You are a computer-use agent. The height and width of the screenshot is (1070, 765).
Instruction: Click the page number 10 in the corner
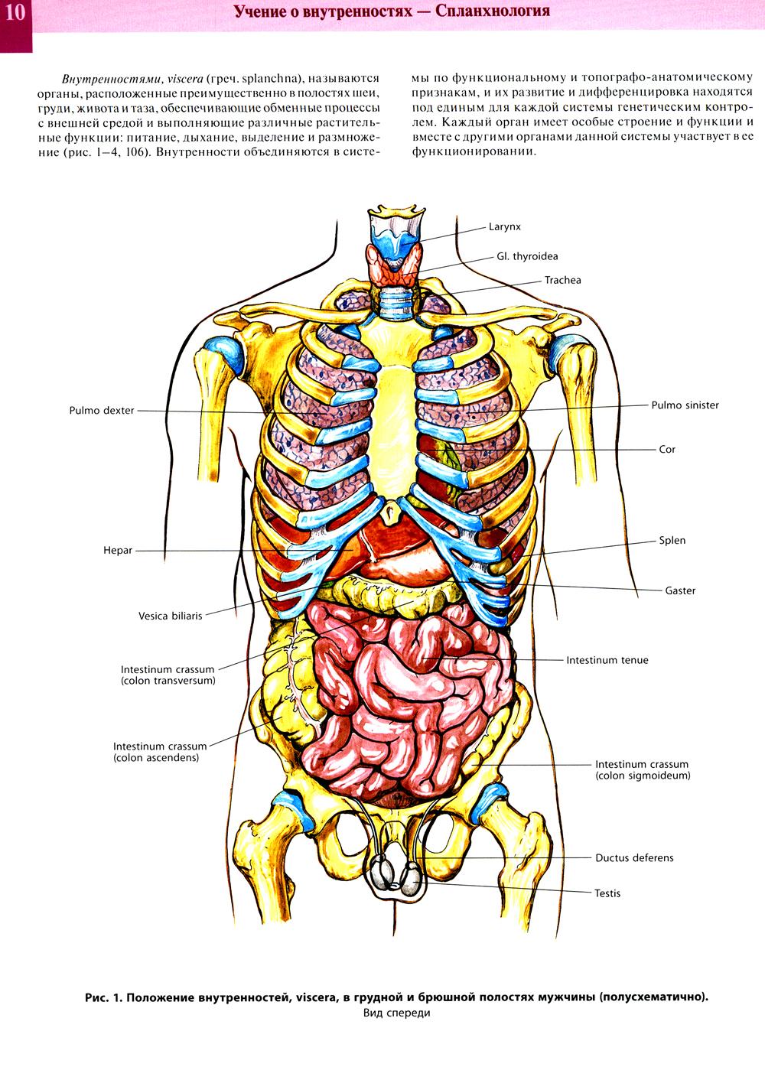pos(15,12)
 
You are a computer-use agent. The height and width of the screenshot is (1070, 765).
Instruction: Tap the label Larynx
pos(504,227)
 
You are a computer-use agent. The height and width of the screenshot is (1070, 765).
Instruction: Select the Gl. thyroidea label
pos(527,256)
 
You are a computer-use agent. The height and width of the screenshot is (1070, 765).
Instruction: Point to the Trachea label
pos(562,281)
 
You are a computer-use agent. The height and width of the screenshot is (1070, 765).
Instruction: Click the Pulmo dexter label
pos(101,411)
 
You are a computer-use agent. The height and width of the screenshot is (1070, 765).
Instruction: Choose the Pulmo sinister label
pos(685,405)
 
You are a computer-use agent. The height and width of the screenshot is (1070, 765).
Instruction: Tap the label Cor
pos(666,450)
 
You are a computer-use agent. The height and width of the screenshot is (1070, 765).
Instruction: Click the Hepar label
pos(118,551)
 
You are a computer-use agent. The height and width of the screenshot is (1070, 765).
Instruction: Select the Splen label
pos(672,541)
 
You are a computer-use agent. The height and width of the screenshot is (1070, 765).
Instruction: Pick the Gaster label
pos(680,591)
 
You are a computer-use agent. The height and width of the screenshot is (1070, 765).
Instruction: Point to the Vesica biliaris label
pos(170,616)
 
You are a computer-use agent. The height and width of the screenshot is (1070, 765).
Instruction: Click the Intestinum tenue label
pos(607,661)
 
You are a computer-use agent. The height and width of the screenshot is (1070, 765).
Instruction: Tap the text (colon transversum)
pos(168,681)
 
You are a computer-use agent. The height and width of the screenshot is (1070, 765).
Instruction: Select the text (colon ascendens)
pos(156,758)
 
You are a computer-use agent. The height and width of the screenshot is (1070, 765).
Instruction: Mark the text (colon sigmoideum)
pos(643,776)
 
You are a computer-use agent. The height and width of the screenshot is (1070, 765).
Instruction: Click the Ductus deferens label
pos(634,858)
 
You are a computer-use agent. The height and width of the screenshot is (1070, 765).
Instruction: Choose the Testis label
pos(607,893)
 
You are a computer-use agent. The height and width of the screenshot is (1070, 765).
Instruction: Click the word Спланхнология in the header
pos(492,11)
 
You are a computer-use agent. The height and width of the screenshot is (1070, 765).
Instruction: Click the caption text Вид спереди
pos(396,1011)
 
